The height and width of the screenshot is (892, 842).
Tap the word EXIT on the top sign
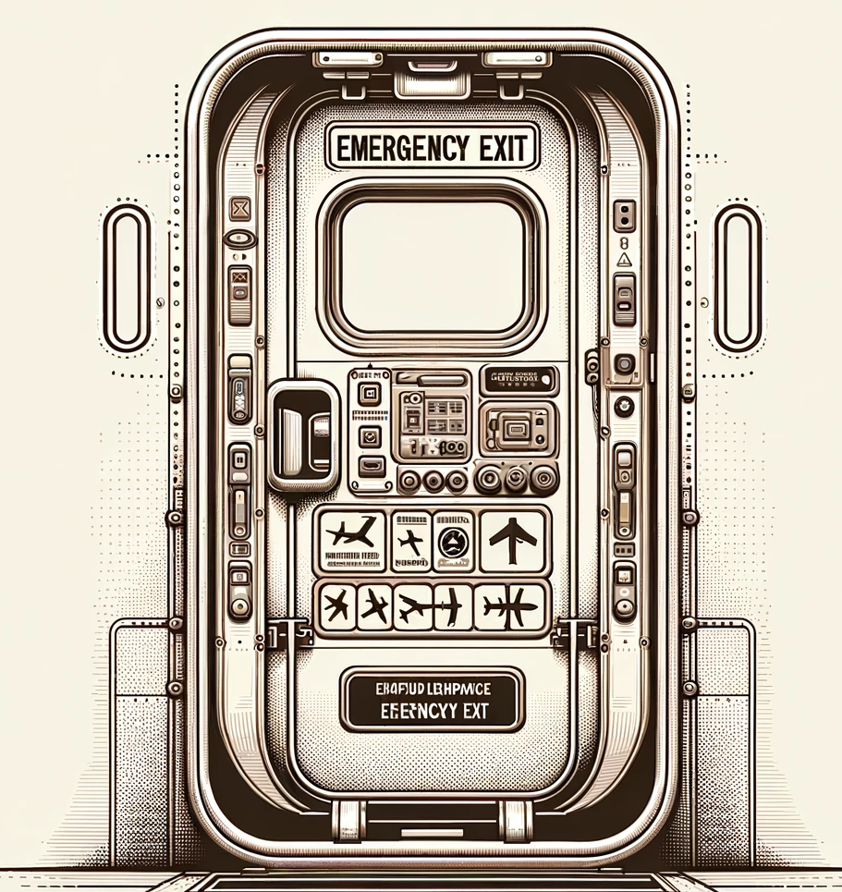coord(499,148)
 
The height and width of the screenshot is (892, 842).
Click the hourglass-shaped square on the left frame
coord(239,205)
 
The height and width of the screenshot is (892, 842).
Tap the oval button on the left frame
coord(238,238)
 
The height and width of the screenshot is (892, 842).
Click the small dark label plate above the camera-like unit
coord(519,379)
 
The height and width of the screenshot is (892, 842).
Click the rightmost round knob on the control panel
coord(543,478)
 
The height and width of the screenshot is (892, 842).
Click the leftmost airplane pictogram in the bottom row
coord(336,607)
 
